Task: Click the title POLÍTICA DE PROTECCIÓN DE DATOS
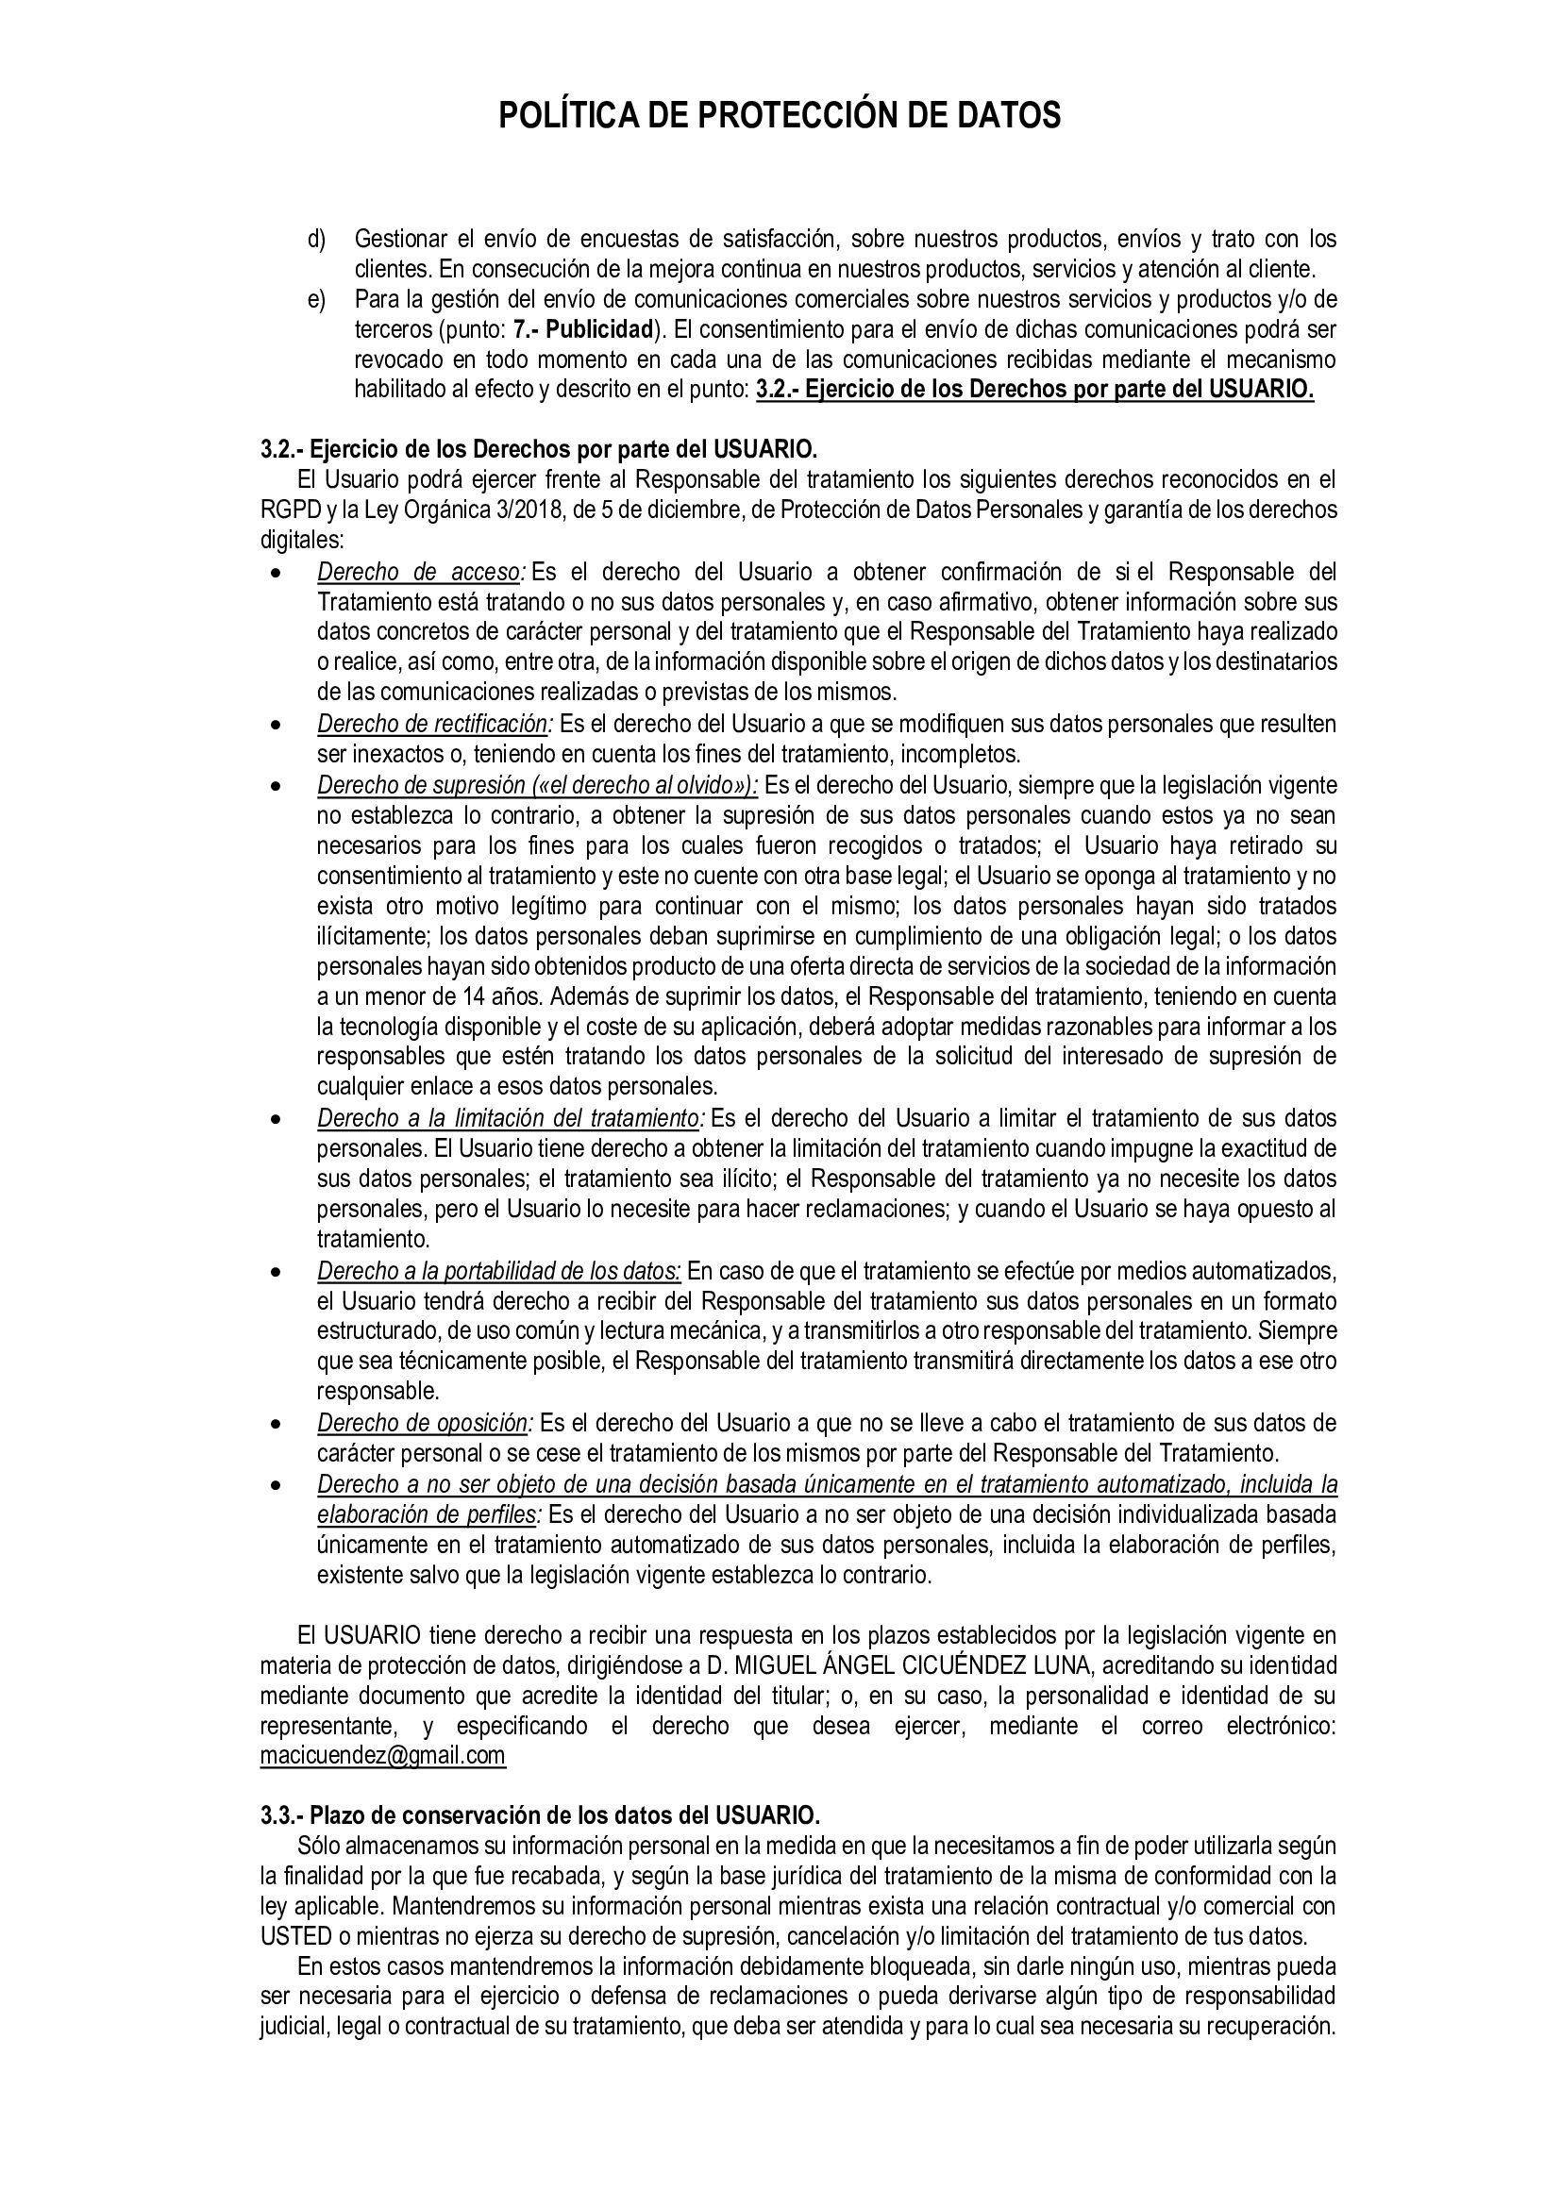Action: point(780,116)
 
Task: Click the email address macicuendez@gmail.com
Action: point(382,1756)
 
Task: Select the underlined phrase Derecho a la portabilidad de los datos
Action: point(499,1271)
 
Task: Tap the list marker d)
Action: point(317,239)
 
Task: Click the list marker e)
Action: point(317,300)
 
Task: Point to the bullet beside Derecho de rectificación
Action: point(277,725)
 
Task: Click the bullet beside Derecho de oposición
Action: point(277,1424)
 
